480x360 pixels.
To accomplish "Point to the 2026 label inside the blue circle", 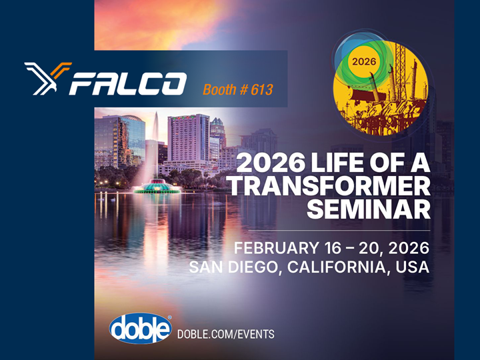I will [363, 61].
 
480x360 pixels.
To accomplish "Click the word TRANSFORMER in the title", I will [329, 185].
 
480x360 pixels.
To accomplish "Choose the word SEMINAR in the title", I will [368, 209].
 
